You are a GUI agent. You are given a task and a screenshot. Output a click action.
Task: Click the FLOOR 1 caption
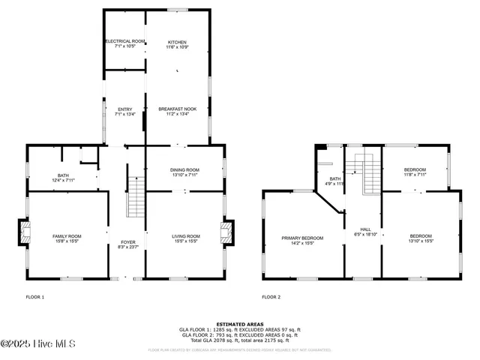tap(35, 297)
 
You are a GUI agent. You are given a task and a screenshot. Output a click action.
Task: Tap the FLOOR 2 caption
tap(271, 297)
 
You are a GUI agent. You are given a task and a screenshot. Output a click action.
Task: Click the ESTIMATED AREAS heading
tap(239, 324)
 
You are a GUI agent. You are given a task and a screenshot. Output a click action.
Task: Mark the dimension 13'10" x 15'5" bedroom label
tap(421, 238)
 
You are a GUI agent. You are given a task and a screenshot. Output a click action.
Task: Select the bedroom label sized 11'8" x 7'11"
tap(415, 172)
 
